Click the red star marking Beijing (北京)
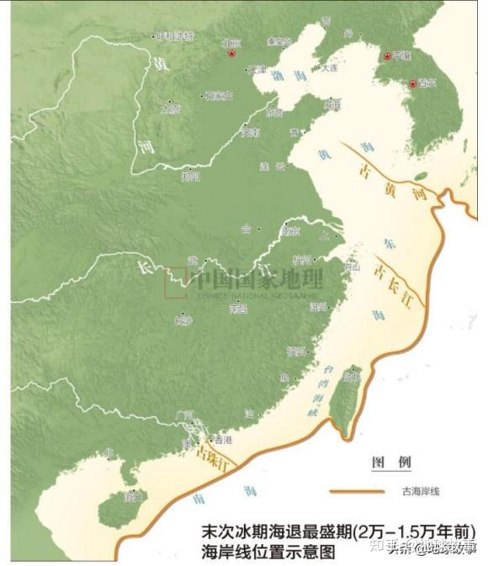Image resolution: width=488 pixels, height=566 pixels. point(232,54)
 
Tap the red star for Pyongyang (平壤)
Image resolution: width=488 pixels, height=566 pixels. point(387,56)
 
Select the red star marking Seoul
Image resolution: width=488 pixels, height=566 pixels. point(412,83)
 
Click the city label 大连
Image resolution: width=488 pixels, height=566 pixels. point(328,67)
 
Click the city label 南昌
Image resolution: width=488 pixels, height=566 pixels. point(239,309)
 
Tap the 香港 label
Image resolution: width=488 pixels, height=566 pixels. point(222,440)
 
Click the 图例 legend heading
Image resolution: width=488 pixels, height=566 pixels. point(391,463)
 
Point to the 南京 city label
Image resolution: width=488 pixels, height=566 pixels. point(291,230)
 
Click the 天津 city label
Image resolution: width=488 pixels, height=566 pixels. point(257,70)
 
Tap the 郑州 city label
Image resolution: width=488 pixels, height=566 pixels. point(191,177)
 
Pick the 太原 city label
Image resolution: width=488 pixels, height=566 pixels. point(171,109)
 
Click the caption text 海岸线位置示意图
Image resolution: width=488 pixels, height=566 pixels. point(268,553)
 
